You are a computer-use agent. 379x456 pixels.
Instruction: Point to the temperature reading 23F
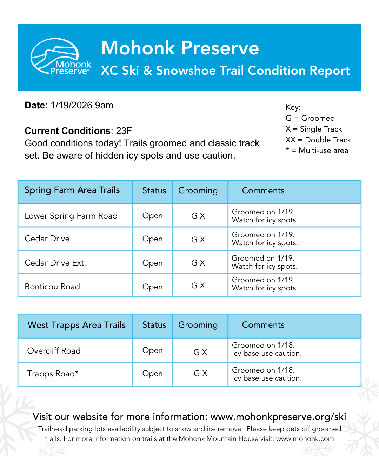point(124,131)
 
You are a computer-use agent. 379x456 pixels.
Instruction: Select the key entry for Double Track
point(318,140)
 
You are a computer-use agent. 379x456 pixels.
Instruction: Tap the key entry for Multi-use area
point(317,150)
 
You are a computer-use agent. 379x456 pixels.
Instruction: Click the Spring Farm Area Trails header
point(72,190)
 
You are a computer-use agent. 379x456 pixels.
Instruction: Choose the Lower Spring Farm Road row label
point(71,216)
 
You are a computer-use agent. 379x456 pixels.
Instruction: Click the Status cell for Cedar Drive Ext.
point(152,263)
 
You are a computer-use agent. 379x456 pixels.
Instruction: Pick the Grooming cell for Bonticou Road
point(198,286)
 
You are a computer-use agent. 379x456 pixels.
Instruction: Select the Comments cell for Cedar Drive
point(265,239)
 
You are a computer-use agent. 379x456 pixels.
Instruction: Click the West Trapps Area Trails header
point(77,325)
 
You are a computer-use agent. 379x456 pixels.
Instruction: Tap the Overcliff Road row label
point(54,351)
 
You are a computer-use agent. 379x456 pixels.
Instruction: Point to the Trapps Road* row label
point(53,374)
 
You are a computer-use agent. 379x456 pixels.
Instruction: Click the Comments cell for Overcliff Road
point(267,349)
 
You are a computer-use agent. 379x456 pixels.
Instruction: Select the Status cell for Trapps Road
point(152,374)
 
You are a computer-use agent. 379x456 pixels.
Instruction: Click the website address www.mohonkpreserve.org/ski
point(278,416)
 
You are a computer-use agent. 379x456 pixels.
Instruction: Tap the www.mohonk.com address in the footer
point(305,438)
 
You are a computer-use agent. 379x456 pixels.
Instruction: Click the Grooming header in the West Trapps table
point(198,325)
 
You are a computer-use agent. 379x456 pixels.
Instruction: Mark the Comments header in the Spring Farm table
point(263,190)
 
